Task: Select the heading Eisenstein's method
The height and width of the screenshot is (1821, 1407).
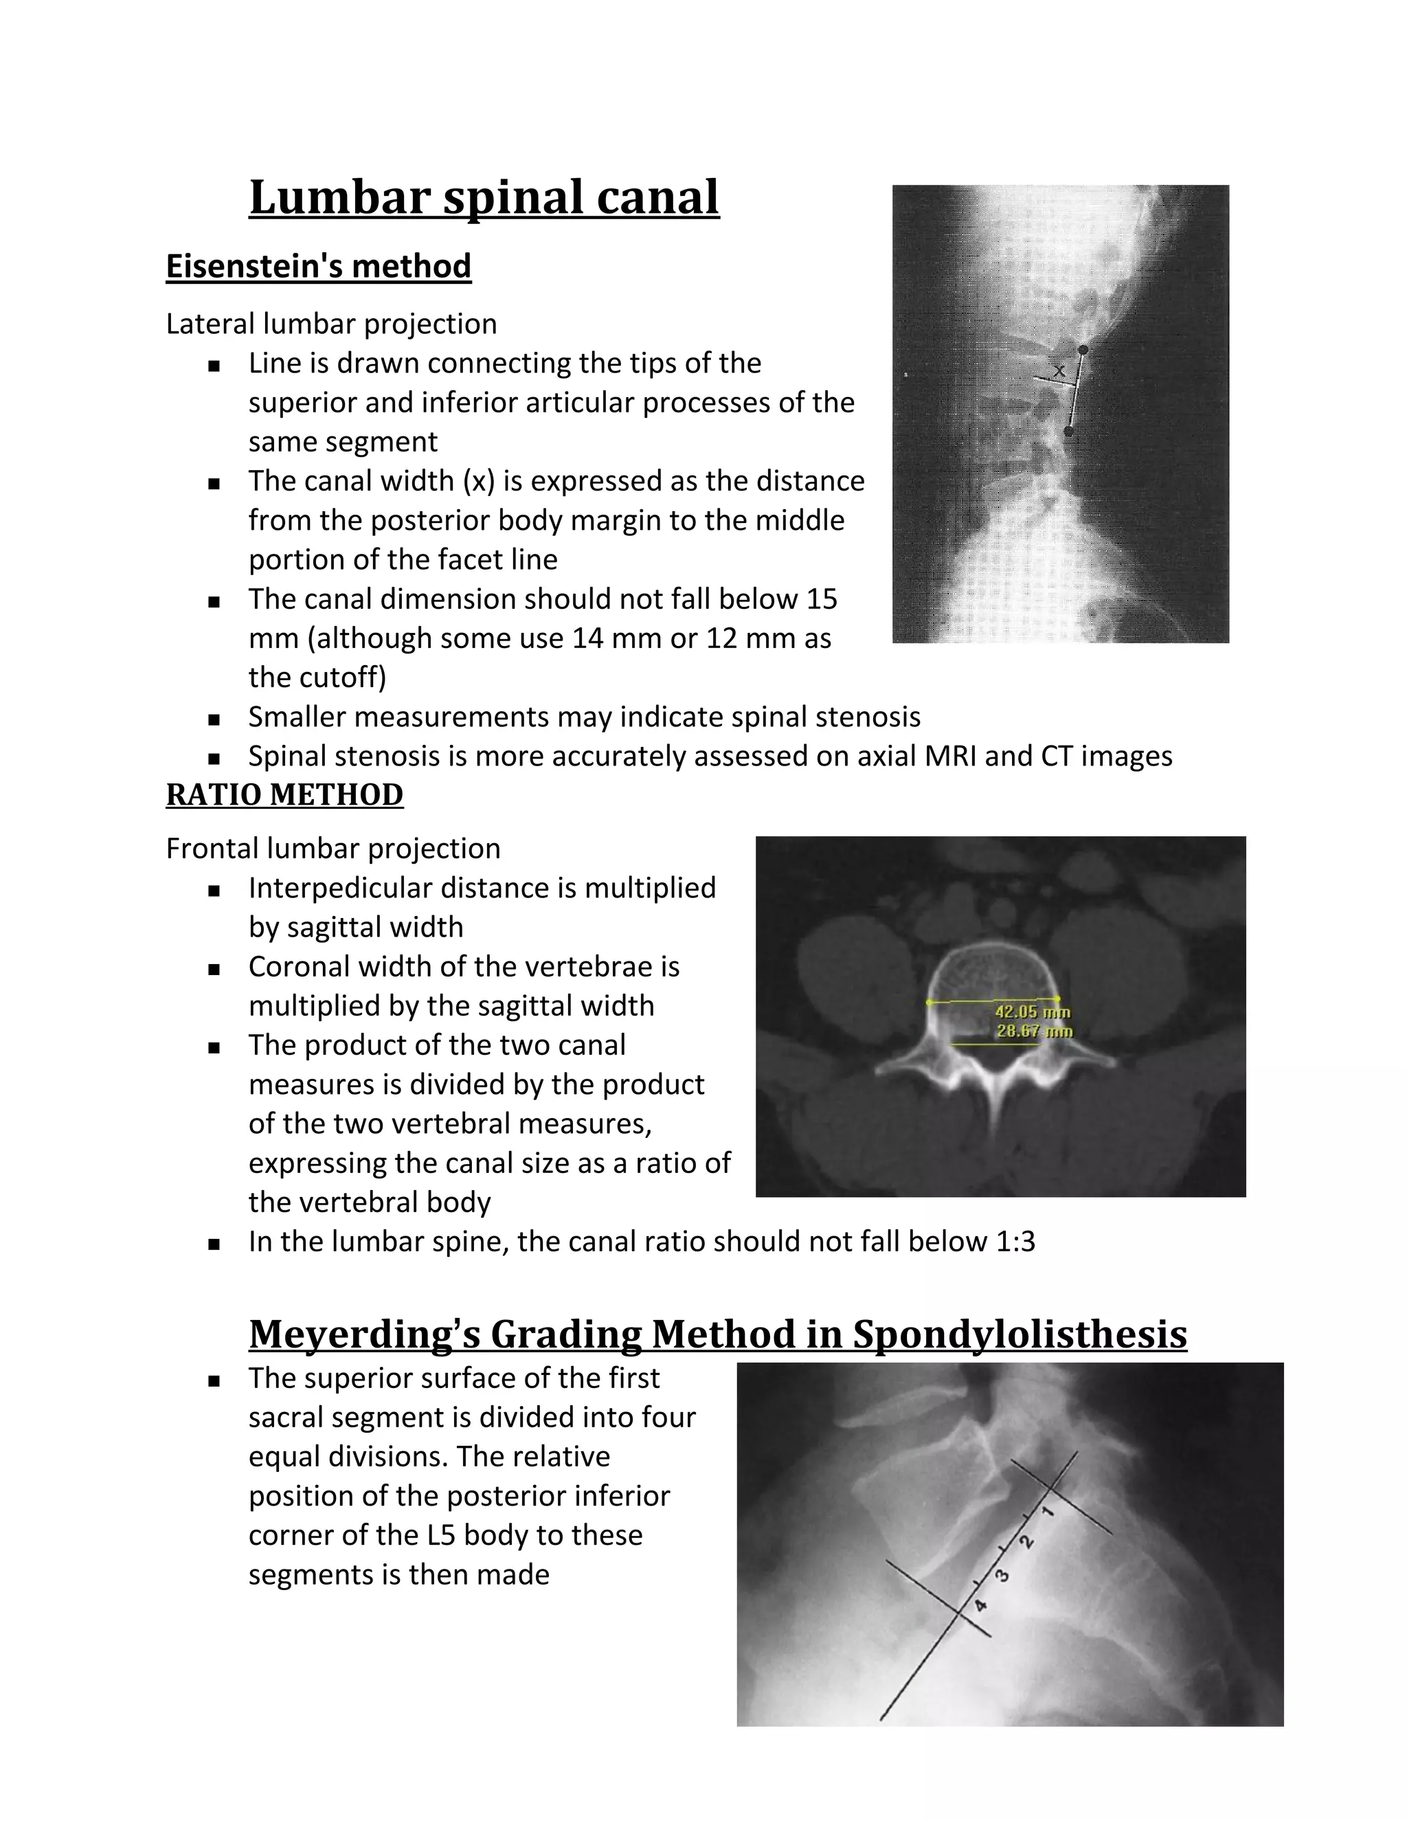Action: point(318,267)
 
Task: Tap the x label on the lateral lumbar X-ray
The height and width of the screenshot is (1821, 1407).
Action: point(1059,370)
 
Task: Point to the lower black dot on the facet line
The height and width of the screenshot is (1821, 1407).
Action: point(1068,431)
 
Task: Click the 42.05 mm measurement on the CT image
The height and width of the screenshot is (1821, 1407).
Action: point(1032,1012)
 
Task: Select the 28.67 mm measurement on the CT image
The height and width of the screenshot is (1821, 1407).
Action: point(1033,1031)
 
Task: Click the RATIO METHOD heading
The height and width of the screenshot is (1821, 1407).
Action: point(284,794)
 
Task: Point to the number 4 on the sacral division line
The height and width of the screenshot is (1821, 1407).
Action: point(982,1605)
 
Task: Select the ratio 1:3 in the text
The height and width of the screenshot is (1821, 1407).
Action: point(1015,1242)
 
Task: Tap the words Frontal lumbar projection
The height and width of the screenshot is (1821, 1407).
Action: point(333,849)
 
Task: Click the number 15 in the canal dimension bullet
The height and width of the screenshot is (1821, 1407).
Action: point(821,599)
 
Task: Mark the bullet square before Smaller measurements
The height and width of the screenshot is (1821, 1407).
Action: point(214,719)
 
